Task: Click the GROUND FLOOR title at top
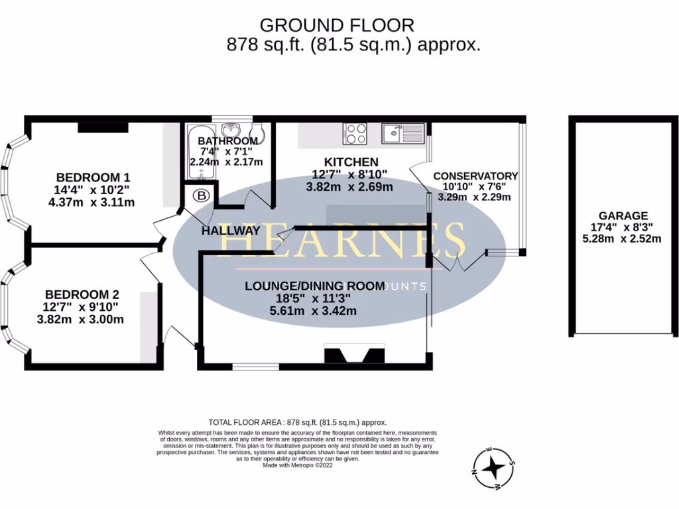click(x=336, y=25)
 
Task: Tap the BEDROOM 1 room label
click(x=92, y=178)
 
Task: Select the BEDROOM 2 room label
click(x=82, y=294)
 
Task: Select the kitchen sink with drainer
click(x=402, y=134)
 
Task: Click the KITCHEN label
click(x=351, y=162)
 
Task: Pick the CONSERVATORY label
click(x=475, y=176)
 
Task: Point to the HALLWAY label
click(x=231, y=231)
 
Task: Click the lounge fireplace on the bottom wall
click(x=354, y=355)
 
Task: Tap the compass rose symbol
click(x=493, y=469)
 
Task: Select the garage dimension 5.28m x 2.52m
click(x=622, y=239)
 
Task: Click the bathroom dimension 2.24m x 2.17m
click(x=226, y=162)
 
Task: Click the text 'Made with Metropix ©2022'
click(x=298, y=465)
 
